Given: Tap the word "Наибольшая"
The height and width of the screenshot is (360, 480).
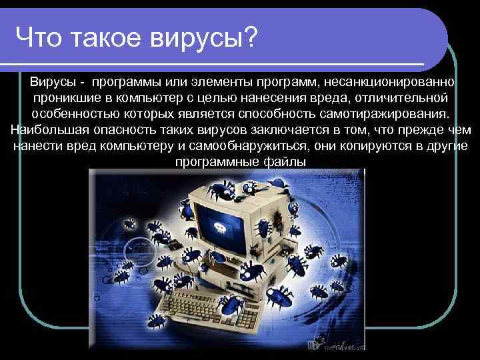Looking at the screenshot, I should pos(43,130).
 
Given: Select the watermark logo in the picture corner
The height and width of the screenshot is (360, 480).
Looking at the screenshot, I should pos(333,343).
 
